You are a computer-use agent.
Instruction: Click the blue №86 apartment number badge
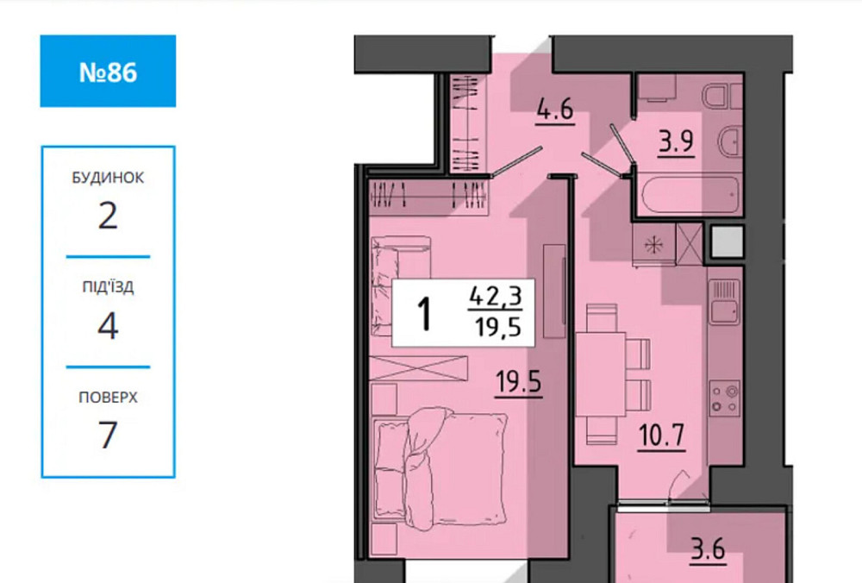[x=108, y=72]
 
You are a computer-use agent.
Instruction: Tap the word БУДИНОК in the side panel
[x=108, y=178]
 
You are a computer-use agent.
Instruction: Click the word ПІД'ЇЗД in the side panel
[x=108, y=287]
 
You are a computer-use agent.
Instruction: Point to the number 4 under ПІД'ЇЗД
[x=108, y=326]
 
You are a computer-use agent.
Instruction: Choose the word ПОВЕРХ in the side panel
[x=108, y=398]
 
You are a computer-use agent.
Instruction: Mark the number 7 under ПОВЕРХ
[x=108, y=436]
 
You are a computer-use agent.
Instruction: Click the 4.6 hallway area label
[x=555, y=112]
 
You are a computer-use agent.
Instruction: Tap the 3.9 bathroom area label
[x=677, y=141]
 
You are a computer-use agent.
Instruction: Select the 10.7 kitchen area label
[x=661, y=435]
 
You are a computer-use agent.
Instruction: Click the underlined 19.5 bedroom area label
[x=518, y=379]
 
